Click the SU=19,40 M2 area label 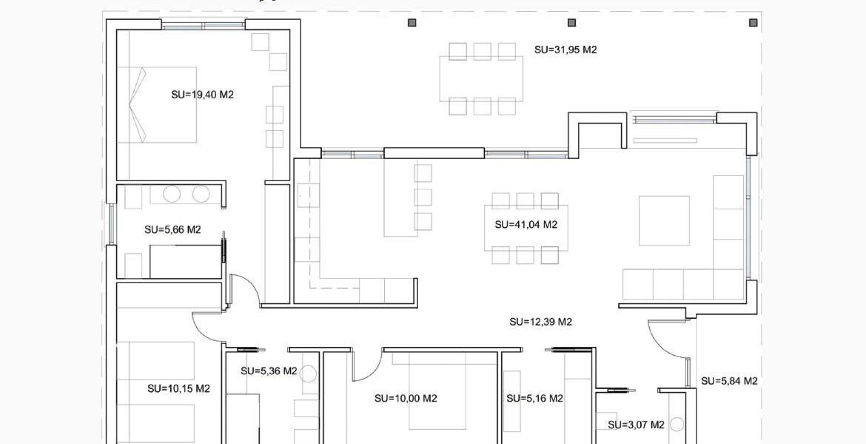202,95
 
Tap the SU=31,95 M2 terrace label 566,50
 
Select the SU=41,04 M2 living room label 526,225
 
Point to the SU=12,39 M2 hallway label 541,322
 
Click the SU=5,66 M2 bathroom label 173,230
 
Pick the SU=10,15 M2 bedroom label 179,389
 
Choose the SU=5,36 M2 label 269,372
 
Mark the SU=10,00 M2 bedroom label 406,399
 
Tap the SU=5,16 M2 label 535,399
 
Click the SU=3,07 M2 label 636,425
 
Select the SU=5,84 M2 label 729,381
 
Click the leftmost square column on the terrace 412,23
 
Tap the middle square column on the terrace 572,23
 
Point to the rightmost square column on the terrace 753,23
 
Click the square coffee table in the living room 664,221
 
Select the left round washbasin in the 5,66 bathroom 172,194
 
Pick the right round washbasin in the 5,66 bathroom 201,194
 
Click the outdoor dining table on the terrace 481,78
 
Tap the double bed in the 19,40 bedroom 157,105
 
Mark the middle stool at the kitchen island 423,197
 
